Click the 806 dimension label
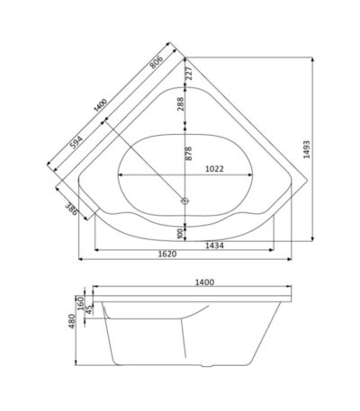[157, 62]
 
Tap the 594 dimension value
[76, 142]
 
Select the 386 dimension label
[71, 209]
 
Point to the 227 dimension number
[189, 73]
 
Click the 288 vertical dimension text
[181, 103]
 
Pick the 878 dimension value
[188, 153]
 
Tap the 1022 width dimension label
[214, 169]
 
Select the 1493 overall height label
[307, 149]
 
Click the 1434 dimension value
[214, 246]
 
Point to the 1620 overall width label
[167, 254]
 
